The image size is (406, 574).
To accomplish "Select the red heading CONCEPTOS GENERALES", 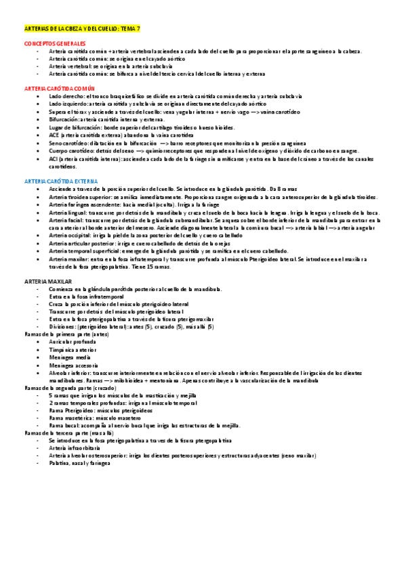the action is (52, 43).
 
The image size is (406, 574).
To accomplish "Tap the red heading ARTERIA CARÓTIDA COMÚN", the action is (56, 89).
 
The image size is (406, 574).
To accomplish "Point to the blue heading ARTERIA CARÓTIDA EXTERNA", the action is (58, 181).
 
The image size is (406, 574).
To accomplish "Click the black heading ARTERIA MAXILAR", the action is (44, 280).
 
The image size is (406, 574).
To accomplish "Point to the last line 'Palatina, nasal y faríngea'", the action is (78, 464).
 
